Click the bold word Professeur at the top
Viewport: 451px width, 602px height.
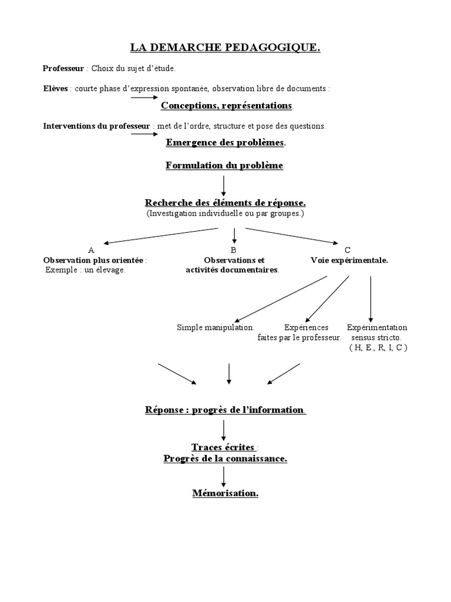[64, 69]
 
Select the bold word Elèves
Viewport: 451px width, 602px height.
[56, 89]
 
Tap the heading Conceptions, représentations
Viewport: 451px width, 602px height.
[227, 106]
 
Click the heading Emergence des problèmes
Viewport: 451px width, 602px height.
[225, 142]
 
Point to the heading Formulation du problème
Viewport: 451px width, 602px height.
[224, 166]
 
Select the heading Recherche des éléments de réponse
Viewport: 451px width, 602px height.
[225, 203]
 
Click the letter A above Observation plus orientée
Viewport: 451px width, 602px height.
[91, 250]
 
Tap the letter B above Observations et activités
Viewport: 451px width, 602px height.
[233, 250]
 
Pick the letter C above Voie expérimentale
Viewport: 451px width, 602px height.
[348, 250]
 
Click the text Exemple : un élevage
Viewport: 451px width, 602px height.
[85, 270]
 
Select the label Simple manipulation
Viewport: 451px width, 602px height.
[216, 327]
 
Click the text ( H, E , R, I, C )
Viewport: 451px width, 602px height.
[378, 347]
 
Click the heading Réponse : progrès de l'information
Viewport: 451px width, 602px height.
[225, 410]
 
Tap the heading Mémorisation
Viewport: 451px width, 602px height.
[225, 493]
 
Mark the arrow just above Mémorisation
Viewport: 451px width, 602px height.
[224, 476]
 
